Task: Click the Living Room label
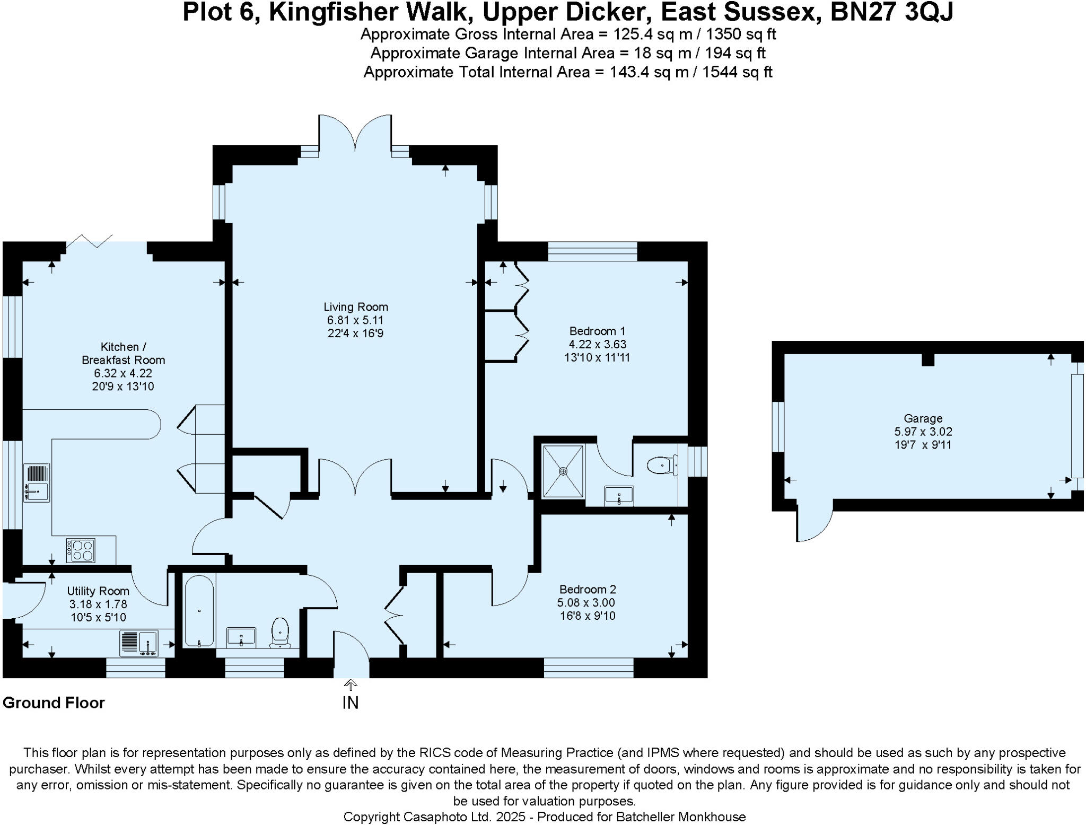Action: pyautogui.click(x=356, y=307)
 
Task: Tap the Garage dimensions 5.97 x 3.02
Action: pyautogui.click(x=923, y=432)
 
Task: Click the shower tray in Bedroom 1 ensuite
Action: pyautogui.click(x=563, y=471)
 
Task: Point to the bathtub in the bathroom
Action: pyautogui.click(x=199, y=611)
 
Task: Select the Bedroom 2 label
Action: pyautogui.click(x=588, y=589)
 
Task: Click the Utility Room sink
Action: pyautogui.click(x=140, y=643)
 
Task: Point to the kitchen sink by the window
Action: pyautogui.click(x=37, y=482)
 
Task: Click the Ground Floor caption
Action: pyautogui.click(x=54, y=703)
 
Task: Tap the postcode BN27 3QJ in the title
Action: pyautogui.click(x=891, y=12)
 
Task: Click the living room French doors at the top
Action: pyautogui.click(x=355, y=133)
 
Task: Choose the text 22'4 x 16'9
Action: pyautogui.click(x=355, y=333)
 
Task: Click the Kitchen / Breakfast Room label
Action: pyautogui.click(x=123, y=353)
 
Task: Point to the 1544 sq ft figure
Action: pyautogui.click(x=737, y=72)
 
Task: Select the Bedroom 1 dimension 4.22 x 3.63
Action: pyautogui.click(x=597, y=344)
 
